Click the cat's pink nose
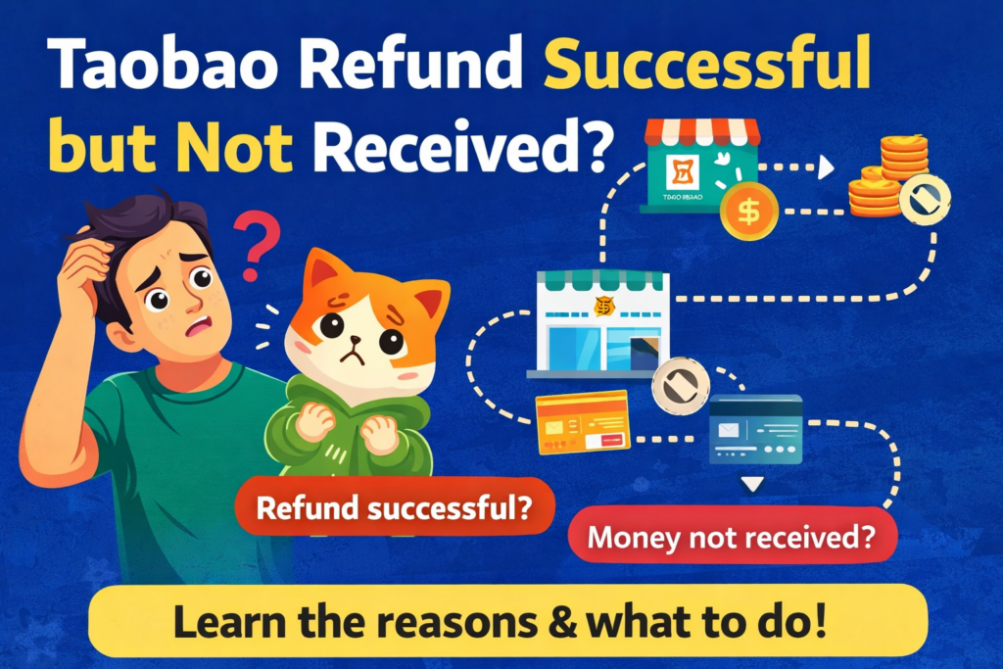363,351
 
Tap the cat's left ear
322,274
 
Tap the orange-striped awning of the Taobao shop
701,132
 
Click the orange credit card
581,421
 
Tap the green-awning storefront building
597,323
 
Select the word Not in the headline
241,150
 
